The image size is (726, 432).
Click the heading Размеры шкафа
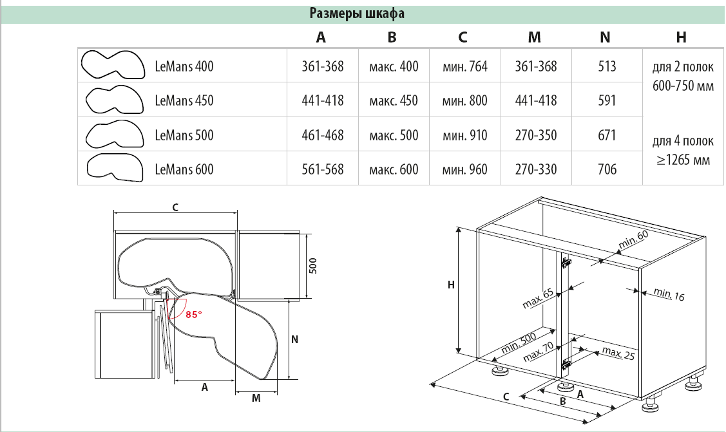point(357,14)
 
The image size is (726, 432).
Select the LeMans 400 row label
point(184,66)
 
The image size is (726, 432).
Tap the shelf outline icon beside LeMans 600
point(115,168)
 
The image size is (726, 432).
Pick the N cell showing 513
point(606,66)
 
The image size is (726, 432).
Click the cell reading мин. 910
point(464,135)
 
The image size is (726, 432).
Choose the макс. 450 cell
point(394,100)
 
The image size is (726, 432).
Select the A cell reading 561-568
point(322,170)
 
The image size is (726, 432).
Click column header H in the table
point(682,37)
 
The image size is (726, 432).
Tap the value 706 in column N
point(606,170)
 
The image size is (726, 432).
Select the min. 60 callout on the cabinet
point(633,240)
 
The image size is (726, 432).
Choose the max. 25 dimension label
point(618,353)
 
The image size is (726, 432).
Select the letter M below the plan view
point(256,399)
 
